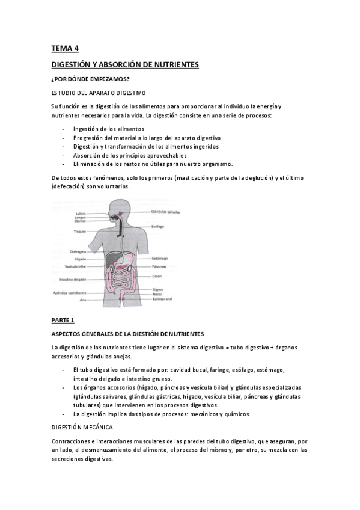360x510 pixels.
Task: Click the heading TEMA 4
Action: [x=64, y=48]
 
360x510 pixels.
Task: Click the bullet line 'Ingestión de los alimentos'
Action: [x=109, y=129]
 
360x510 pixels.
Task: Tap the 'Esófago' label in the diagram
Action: [x=158, y=227]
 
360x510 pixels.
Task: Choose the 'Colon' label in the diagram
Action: [x=157, y=276]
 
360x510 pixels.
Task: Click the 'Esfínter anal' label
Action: [x=162, y=298]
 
